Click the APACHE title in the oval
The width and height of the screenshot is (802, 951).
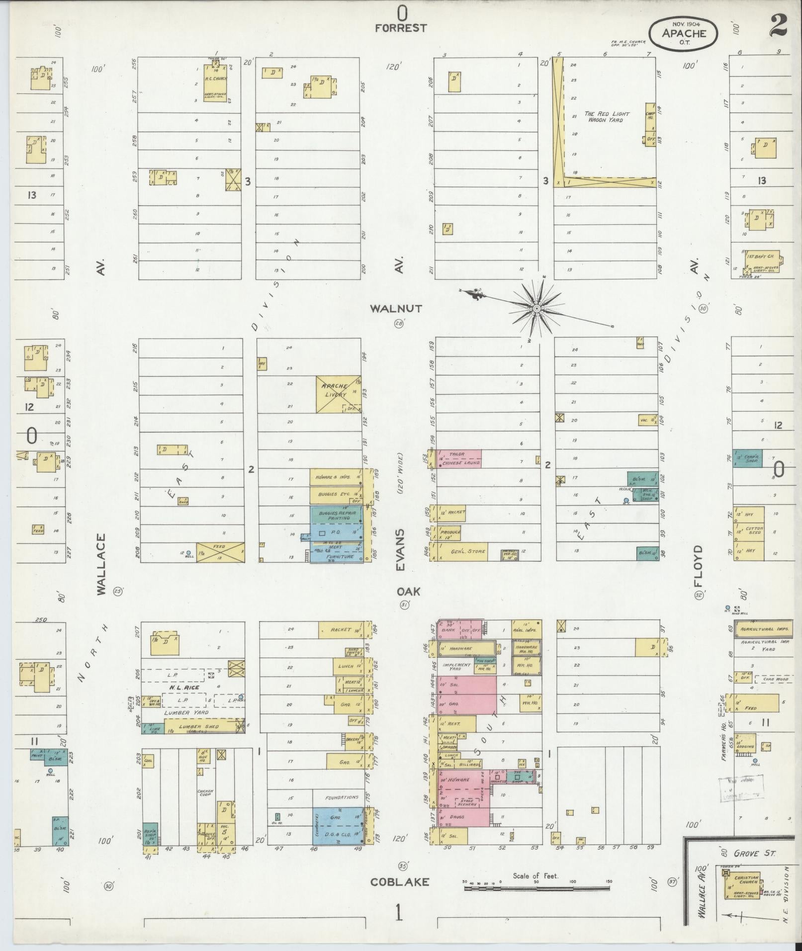pos(684,33)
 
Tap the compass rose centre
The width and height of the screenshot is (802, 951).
pos(536,309)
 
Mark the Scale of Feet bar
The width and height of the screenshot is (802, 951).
pos(537,887)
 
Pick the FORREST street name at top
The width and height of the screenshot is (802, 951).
pos(401,28)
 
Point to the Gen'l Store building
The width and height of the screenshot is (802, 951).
pos(461,551)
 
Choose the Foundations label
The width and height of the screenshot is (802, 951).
pos(342,798)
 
